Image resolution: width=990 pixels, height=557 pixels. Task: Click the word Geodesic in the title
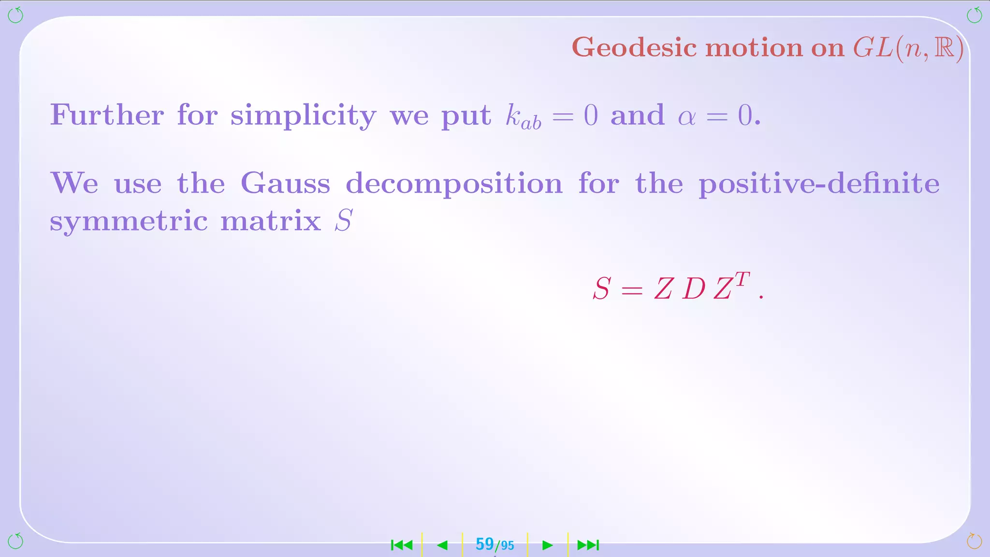pos(634,48)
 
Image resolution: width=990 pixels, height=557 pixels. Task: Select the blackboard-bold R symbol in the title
pos(945,47)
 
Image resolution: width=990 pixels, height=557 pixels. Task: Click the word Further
pos(107,115)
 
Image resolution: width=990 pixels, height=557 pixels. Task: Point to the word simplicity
pos(303,116)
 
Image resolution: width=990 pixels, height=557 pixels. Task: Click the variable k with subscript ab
pos(523,117)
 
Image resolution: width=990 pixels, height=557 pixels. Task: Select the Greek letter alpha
pos(686,117)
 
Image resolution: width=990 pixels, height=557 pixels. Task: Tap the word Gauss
pos(285,183)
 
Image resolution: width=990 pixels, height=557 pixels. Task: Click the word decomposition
pos(454,184)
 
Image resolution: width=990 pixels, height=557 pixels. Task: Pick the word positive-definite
pos(819,183)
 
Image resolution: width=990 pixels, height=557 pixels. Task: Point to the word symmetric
pos(129,221)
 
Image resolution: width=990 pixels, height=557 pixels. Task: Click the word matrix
pos(271,221)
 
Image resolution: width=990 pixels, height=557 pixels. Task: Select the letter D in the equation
pos(694,289)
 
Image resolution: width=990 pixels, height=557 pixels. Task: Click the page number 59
pos(484,544)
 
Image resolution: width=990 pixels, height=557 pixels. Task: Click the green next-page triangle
pos(547,545)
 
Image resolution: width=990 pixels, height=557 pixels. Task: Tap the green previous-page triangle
pos(442,545)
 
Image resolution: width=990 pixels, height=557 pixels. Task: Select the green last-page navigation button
pos(588,545)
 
